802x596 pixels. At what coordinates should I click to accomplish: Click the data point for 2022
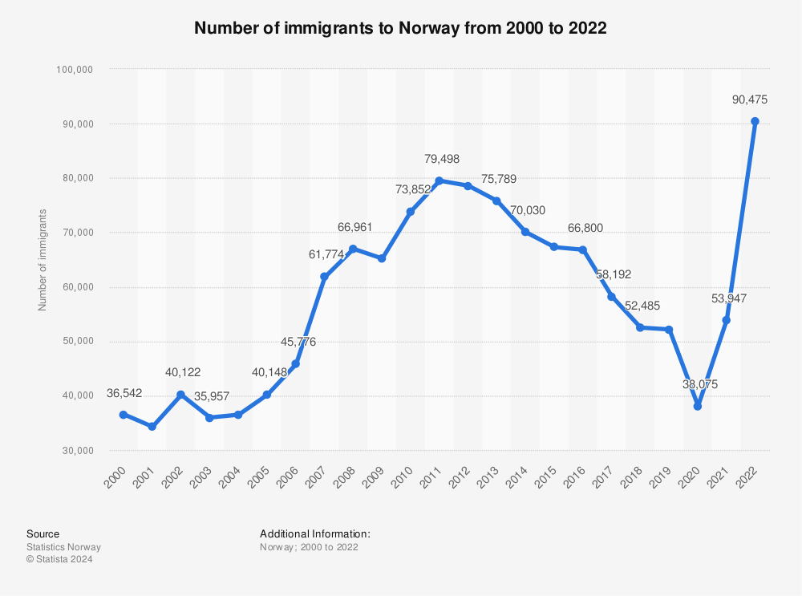tap(755, 121)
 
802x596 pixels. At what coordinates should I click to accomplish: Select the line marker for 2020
tap(698, 407)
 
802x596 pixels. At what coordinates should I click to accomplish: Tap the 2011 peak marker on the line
tap(439, 180)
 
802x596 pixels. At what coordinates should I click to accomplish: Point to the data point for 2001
tap(152, 427)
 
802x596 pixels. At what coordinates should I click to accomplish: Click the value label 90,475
tap(750, 100)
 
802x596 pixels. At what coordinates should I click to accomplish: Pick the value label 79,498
tap(442, 159)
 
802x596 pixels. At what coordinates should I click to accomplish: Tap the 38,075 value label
tap(701, 384)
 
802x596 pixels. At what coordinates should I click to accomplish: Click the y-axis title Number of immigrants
tap(43, 260)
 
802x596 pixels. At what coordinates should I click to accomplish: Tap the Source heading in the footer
tap(43, 533)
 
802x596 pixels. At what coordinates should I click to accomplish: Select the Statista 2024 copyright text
tap(59, 560)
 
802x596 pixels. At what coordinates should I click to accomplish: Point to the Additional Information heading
tap(314, 533)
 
